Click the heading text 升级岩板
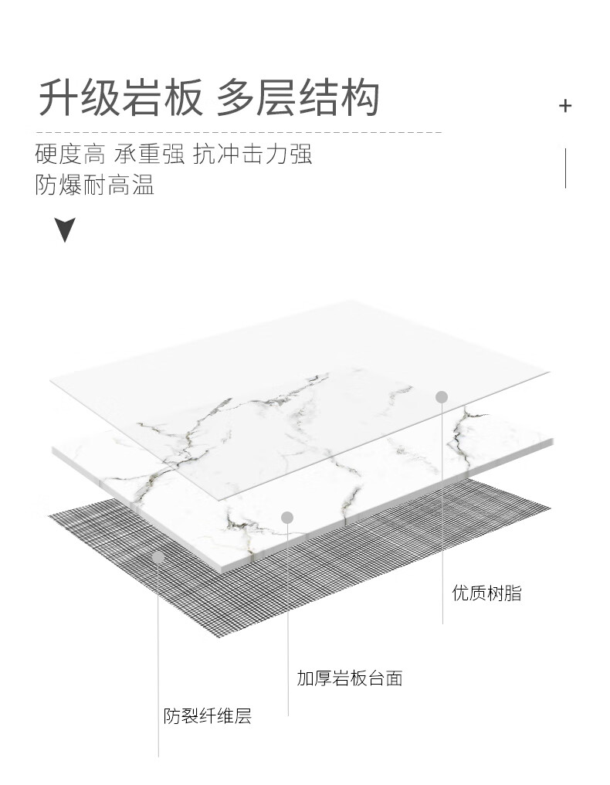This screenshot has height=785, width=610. (120, 98)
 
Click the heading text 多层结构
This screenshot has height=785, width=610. (298, 98)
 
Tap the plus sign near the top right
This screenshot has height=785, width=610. (565, 106)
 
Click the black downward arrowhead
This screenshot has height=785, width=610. (66, 229)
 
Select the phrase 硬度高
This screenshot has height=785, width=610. (69, 155)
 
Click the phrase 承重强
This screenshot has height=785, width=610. (149, 155)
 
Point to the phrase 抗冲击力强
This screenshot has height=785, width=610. (252, 155)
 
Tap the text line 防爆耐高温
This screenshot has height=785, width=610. (94, 185)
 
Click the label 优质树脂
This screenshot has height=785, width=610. (486, 593)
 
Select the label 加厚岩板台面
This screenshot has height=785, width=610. (349, 678)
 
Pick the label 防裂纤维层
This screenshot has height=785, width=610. (207, 716)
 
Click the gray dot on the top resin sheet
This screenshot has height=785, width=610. (442, 397)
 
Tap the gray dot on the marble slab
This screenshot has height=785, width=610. (287, 517)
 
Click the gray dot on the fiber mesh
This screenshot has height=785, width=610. (158, 556)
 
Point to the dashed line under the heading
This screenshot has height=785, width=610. (239, 132)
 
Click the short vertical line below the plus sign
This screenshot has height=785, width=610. (565, 168)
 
